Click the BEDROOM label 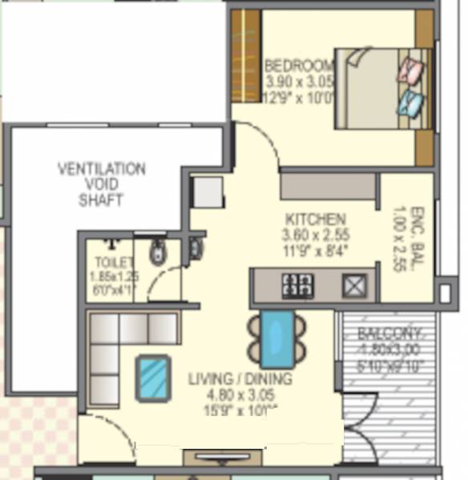(298, 65)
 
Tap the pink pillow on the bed (413, 70)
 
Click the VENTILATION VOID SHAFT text (101, 184)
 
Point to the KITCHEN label (316, 219)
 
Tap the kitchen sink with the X (353, 285)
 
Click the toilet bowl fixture (157, 254)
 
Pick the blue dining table (278, 338)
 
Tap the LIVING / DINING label (240, 378)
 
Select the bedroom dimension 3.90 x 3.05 (298, 82)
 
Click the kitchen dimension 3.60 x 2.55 (316, 235)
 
